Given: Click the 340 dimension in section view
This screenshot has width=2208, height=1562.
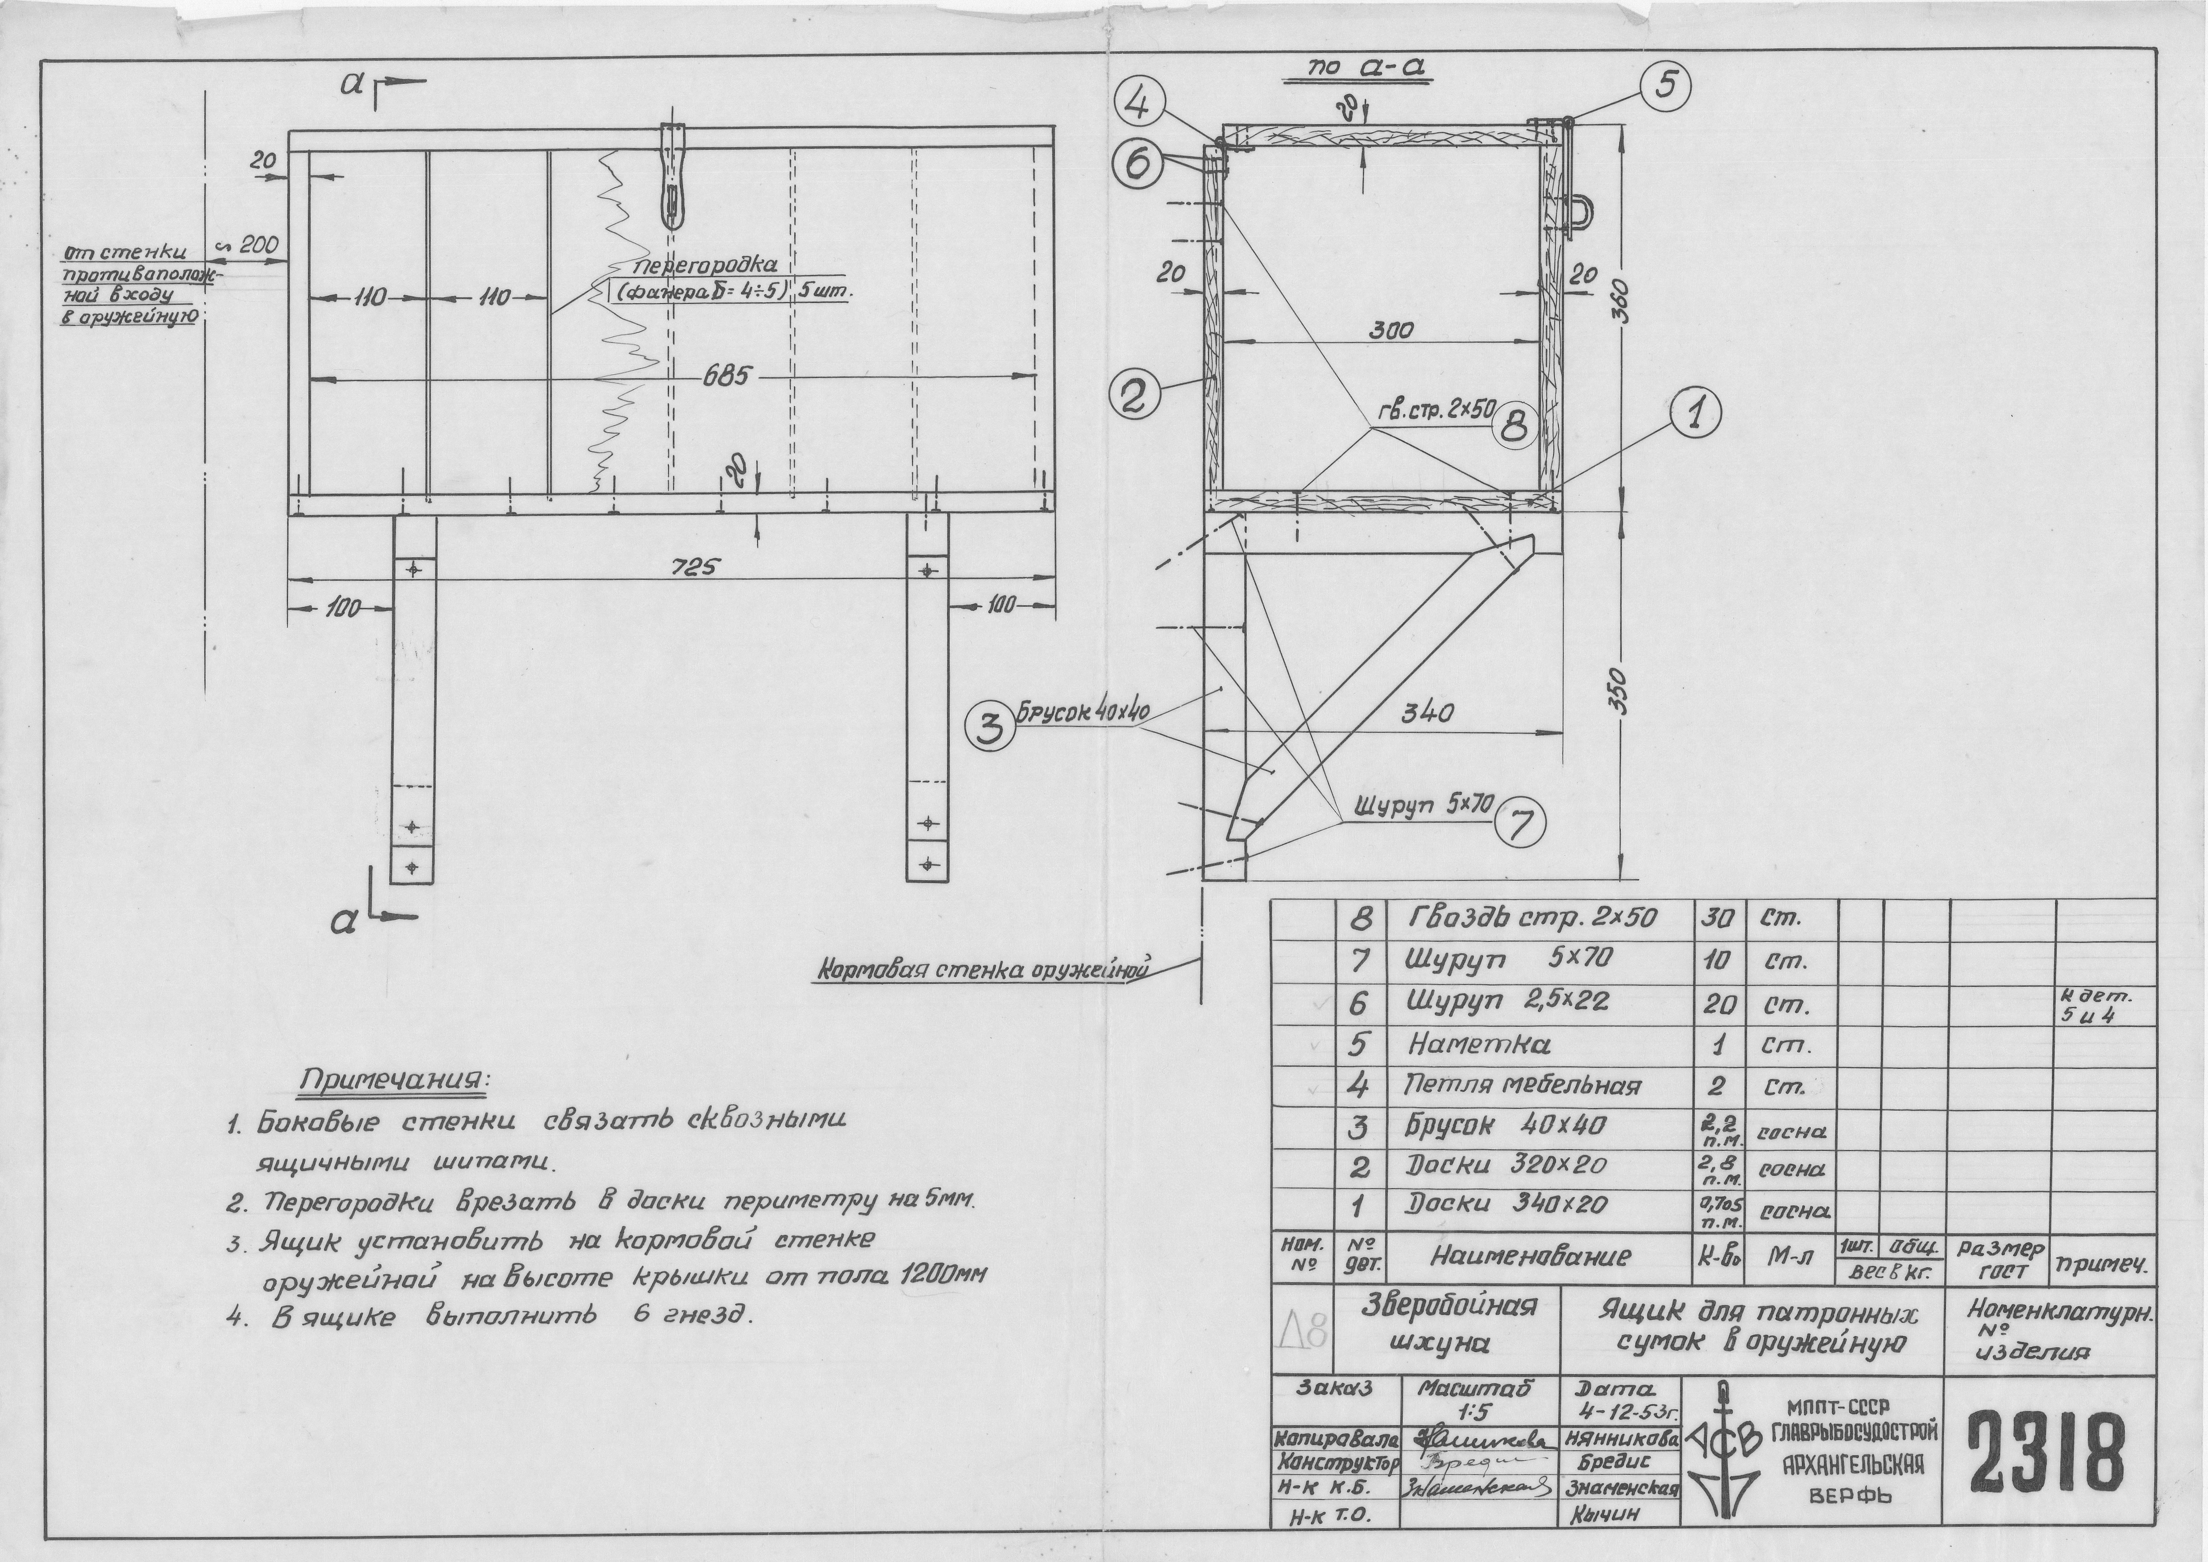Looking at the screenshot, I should point(1427,714).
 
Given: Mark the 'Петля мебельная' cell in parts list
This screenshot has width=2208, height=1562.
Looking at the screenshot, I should point(1521,1086).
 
